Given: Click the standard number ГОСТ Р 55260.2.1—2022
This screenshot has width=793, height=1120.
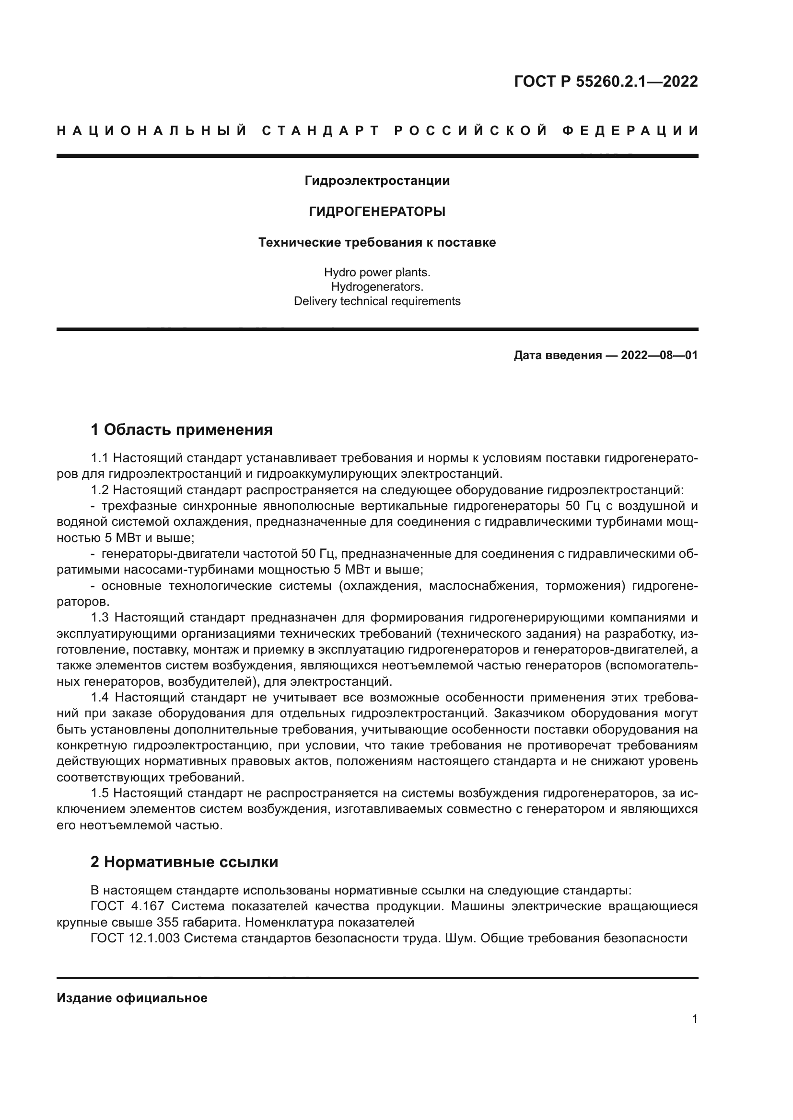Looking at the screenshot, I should pyautogui.click(x=606, y=81).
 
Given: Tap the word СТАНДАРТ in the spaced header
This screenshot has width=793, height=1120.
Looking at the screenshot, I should pyautogui.click(x=321, y=131).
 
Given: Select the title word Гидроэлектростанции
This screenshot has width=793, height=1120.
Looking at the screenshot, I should pyautogui.click(x=377, y=181).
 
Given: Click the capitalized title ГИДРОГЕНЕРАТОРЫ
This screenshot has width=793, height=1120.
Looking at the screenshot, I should pyautogui.click(x=377, y=212).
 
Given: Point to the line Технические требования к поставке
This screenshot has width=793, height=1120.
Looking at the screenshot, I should pyautogui.click(x=377, y=242).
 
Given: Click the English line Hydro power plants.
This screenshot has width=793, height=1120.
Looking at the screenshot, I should pyautogui.click(x=377, y=272).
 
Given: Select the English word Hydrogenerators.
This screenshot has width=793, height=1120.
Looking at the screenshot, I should pyautogui.click(x=377, y=287).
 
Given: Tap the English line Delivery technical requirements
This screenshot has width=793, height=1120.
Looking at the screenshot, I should pyautogui.click(x=377, y=302).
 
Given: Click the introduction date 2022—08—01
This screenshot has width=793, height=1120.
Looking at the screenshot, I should pyautogui.click(x=659, y=356).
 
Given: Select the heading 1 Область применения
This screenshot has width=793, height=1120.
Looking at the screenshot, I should pyautogui.click(x=182, y=430).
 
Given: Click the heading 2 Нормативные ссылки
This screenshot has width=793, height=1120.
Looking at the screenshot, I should pyautogui.click(x=185, y=862).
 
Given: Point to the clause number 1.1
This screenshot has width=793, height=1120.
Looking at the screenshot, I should pyautogui.click(x=100, y=458).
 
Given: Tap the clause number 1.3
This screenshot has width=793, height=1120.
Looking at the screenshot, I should pyautogui.click(x=100, y=618).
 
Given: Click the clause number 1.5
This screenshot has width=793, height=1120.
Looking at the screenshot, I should pyautogui.click(x=100, y=793).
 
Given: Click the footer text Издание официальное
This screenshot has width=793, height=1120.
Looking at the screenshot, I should pyautogui.click(x=132, y=998).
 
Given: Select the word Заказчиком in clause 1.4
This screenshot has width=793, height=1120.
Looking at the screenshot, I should pyautogui.click(x=529, y=713).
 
